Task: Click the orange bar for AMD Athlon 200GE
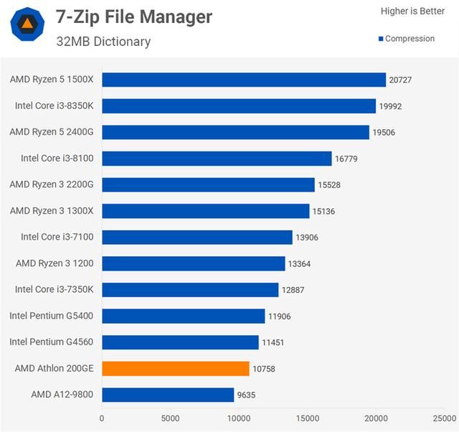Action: (x=176, y=368)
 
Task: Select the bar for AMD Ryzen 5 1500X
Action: (x=244, y=80)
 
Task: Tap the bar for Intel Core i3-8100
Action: (x=217, y=159)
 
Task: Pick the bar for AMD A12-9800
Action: (x=168, y=395)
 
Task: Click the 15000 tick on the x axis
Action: (x=308, y=418)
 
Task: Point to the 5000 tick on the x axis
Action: (x=171, y=418)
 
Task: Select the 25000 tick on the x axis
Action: (x=445, y=418)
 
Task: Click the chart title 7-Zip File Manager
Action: (x=134, y=17)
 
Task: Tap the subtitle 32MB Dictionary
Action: (x=103, y=42)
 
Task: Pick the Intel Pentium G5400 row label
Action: (x=52, y=316)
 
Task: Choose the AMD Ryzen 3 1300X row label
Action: (x=52, y=211)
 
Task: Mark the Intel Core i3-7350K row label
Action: (x=55, y=290)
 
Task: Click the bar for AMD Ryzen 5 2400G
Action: (x=235, y=132)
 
